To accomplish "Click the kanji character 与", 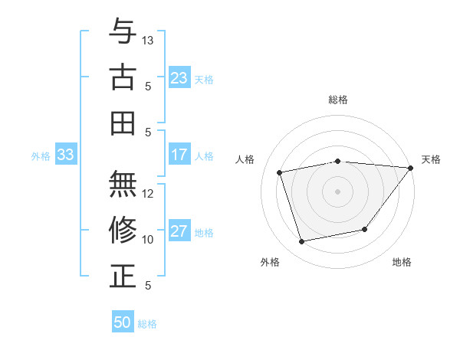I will point(123,31).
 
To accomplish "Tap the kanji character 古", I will point(123,77).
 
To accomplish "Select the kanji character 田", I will point(123,123).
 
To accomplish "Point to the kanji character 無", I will point(123,184).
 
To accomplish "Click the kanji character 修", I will point(123,230).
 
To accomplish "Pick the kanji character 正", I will point(123,276).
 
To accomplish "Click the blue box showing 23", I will point(179,78).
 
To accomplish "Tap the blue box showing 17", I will point(179,155).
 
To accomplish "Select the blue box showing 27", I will point(179,232).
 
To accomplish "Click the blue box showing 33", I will point(66,155).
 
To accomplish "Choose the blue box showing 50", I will point(123,322).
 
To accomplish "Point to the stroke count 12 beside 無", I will point(149,193).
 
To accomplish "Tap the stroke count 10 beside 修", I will point(149,239).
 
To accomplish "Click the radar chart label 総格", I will point(338,100).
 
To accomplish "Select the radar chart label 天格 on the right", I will point(431,159).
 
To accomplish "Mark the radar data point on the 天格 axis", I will point(410,168).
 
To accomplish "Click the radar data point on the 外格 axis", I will point(302,242).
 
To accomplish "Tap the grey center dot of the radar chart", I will point(338,191).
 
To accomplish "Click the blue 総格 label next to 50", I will point(147,324).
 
